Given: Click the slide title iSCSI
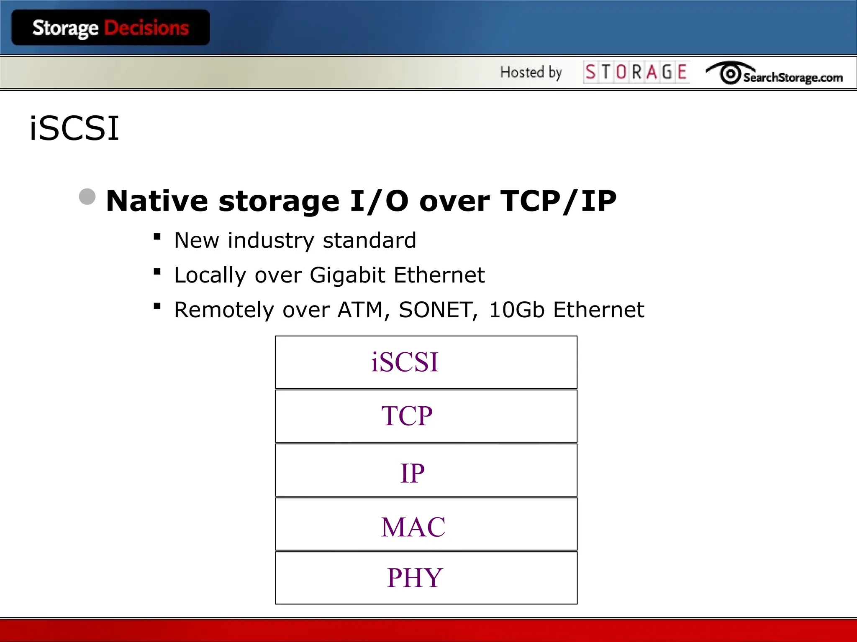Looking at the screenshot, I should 74,128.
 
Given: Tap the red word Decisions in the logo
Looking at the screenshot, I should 146,28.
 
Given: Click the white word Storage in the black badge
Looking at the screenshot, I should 65,28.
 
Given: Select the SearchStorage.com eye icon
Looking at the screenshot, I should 730,74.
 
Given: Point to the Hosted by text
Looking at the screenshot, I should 531,72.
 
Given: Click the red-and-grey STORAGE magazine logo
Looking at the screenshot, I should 636,72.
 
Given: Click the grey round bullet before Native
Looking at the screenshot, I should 87,196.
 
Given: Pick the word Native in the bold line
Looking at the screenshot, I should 157,201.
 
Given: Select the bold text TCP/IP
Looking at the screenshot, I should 558,201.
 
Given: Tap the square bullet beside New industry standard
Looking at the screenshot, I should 157,237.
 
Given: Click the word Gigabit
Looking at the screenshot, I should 347,275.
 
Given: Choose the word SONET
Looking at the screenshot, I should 438,310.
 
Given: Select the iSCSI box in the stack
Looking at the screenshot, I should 426,362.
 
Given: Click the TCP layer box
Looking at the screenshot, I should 426,416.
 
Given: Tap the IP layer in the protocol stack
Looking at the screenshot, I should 426,470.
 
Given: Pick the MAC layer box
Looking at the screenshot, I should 426,524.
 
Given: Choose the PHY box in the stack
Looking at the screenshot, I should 426,578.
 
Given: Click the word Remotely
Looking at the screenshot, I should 224,310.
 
